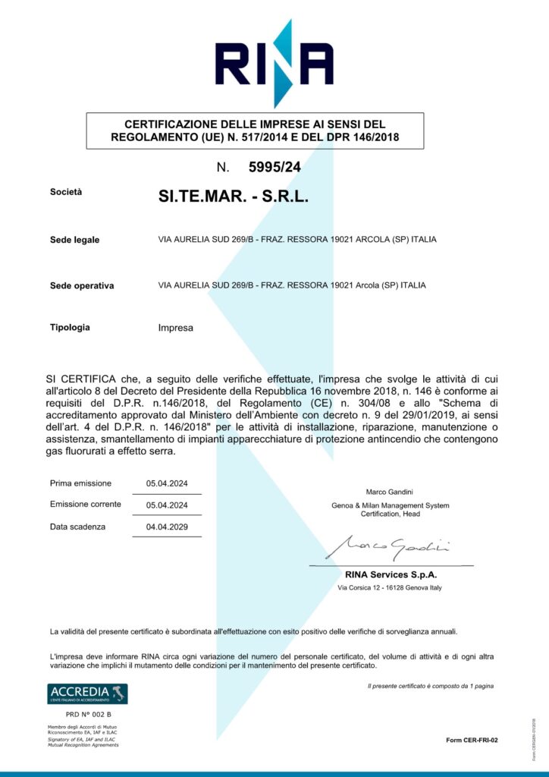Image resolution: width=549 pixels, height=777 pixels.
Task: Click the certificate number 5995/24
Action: click(274, 167)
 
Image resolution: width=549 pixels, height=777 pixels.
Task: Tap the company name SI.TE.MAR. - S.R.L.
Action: click(234, 197)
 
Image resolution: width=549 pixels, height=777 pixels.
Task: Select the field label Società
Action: click(65, 193)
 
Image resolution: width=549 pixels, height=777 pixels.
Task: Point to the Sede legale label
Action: click(74, 241)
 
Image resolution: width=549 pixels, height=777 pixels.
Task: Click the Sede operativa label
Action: click(82, 286)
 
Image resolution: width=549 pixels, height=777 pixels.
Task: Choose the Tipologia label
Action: click(70, 328)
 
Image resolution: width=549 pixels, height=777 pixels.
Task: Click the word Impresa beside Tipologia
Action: click(176, 329)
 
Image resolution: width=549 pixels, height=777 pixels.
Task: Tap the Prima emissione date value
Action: click(167, 483)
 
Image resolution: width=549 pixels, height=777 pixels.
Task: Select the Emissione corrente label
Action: click(85, 505)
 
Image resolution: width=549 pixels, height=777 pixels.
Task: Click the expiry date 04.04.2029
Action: click(167, 527)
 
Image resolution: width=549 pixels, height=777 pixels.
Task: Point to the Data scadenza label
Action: click(77, 527)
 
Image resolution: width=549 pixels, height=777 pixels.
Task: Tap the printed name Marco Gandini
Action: click(390, 492)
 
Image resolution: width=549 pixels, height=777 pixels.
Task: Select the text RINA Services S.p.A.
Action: click(391, 574)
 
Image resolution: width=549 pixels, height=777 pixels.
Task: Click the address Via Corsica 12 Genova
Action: click(390, 588)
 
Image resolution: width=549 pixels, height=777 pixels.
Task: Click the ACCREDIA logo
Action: click(87, 694)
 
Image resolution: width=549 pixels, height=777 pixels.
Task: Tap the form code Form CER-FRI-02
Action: click(472, 740)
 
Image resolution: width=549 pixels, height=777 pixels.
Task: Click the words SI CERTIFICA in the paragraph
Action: click(80, 378)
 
